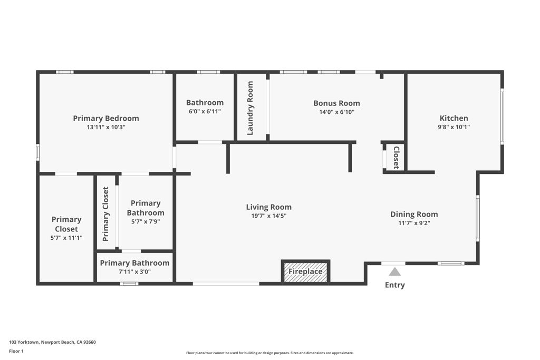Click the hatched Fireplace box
click(305, 272)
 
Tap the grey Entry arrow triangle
click(394, 272)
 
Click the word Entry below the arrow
click(394, 285)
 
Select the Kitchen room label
click(454, 118)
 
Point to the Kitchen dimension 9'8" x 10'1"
click(454, 127)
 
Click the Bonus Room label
click(336, 103)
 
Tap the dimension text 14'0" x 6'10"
click(336, 112)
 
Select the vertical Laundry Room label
click(250, 108)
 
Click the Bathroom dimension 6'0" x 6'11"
click(205, 111)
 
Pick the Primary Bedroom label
click(106, 119)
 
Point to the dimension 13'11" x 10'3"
click(106, 127)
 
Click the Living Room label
click(268, 207)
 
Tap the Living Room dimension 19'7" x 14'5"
click(268, 216)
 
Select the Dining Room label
click(414, 214)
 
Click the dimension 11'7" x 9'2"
click(414, 223)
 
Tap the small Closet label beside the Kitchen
click(396, 157)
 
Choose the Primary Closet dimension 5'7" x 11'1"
click(66, 238)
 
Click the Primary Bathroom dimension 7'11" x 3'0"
click(134, 272)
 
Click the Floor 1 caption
click(17, 351)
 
